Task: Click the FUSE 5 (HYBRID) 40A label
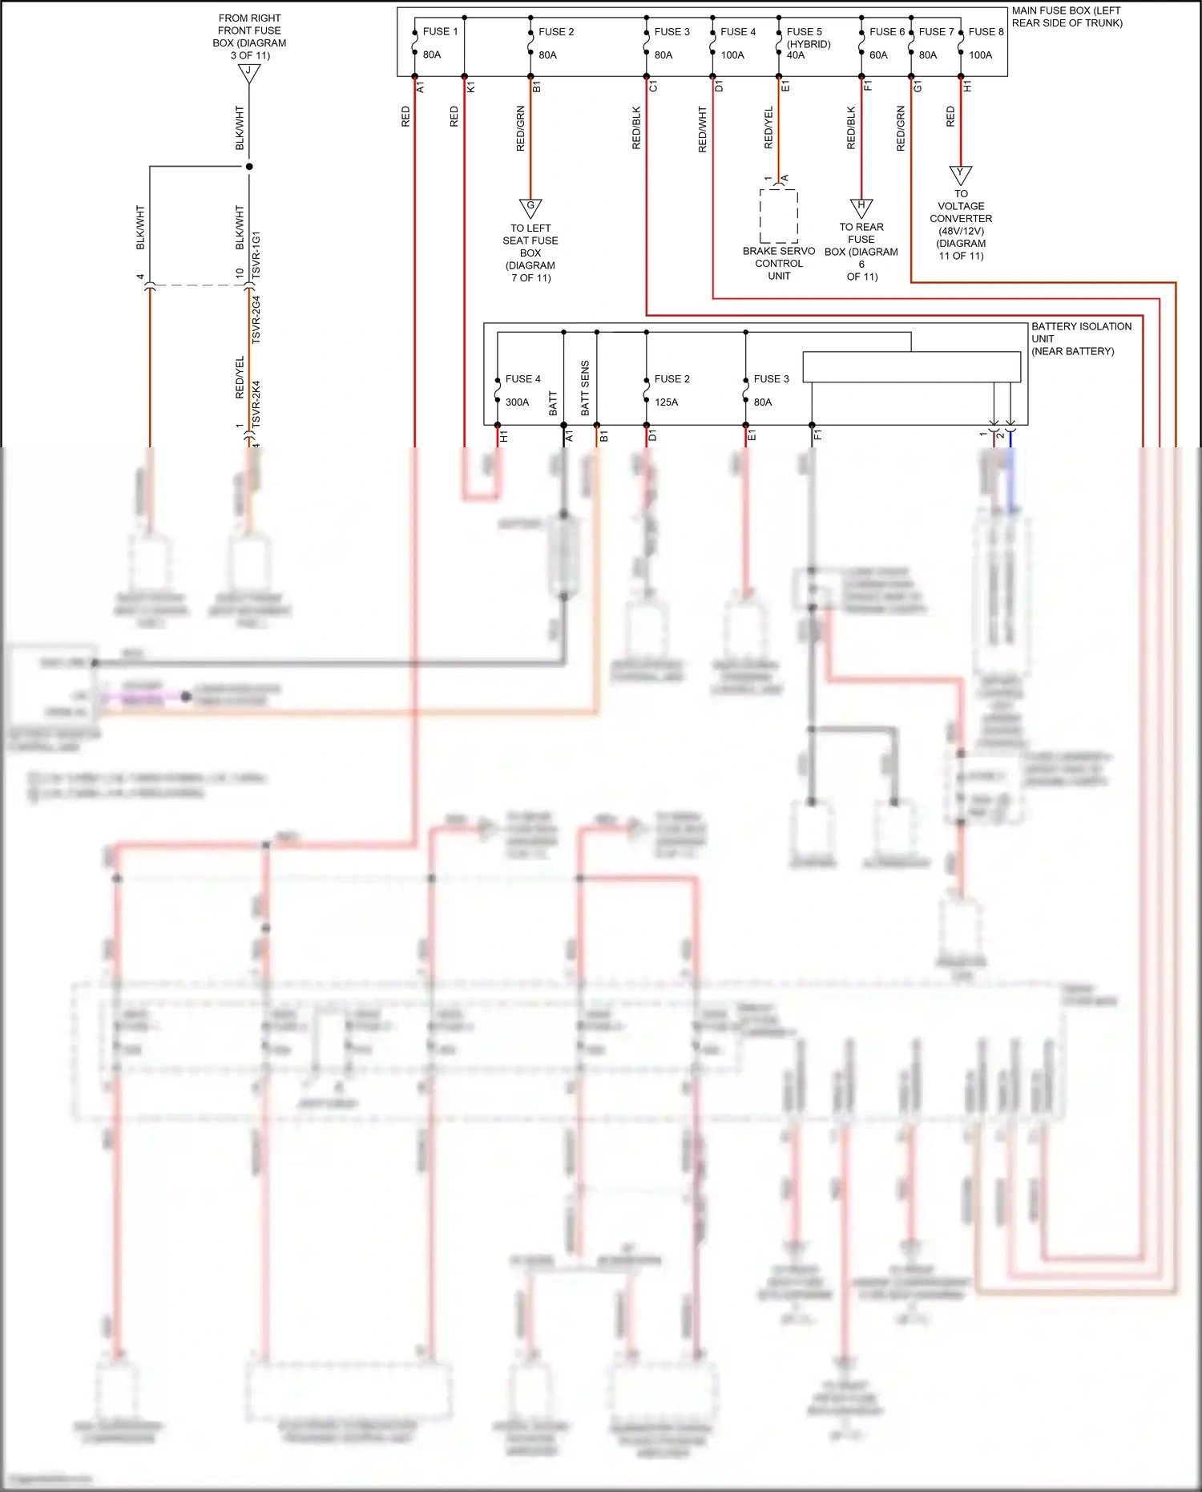click(808, 43)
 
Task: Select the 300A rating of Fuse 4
click(517, 402)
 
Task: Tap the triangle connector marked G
click(530, 208)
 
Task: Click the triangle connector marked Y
click(961, 174)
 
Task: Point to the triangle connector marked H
click(861, 207)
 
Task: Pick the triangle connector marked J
click(249, 72)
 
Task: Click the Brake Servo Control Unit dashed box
click(778, 216)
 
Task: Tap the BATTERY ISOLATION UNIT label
click(1080, 338)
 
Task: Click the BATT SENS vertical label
click(585, 388)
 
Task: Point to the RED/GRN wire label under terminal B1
click(521, 128)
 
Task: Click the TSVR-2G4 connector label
click(256, 319)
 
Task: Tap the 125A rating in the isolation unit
click(666, 402)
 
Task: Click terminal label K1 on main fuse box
click(471, 87)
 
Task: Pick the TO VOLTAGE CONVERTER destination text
click(961, 224)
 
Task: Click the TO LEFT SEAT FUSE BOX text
click(530, 253)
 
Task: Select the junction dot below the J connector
click(249, 167)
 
